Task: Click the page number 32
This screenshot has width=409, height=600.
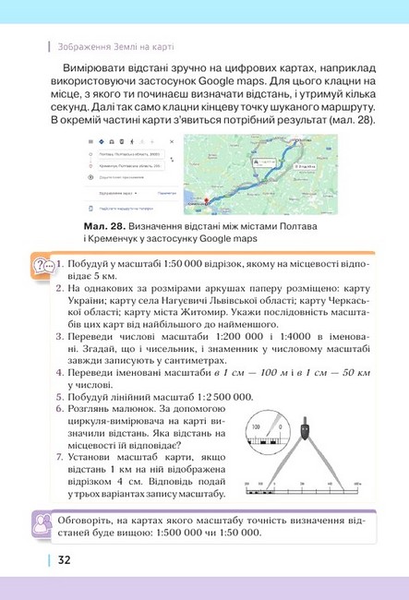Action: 64,559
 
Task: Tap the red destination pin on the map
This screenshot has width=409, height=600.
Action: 206,200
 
